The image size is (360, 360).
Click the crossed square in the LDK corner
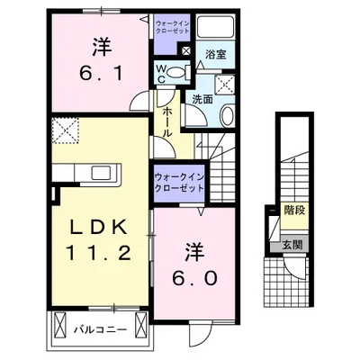tap(65, 131)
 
